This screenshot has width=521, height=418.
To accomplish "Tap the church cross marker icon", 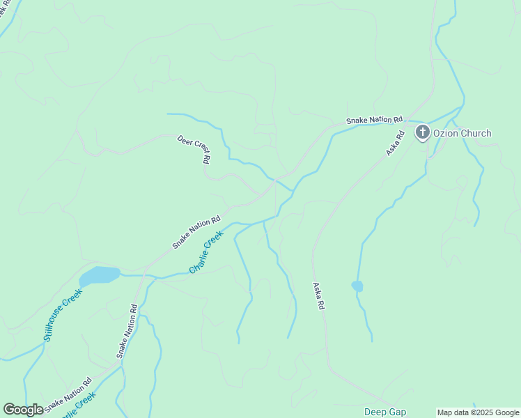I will click(422, 132).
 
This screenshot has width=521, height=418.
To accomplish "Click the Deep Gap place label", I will click(384, 412).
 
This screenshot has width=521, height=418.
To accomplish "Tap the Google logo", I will click(23, 410).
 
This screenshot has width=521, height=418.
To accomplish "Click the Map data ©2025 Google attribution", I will click(478, 412).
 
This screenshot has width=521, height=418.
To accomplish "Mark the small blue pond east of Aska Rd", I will click(357, 286).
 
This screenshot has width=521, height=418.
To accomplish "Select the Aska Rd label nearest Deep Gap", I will click(318, 295).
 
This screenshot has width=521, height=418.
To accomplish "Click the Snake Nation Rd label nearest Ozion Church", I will click(375, 121).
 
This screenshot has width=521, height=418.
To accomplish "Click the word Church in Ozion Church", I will click(476, 133).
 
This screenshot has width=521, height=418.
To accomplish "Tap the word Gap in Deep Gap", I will click(398, 412).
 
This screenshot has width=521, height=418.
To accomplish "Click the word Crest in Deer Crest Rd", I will click(198, 149).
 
